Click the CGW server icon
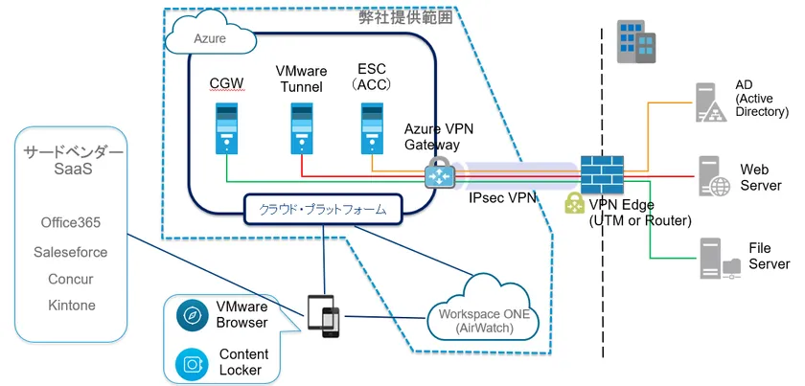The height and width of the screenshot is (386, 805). point(226,129)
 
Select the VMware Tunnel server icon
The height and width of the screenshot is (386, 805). point(304,129)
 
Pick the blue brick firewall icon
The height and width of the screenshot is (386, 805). point(602,175)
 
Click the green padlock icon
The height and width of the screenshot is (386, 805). point(574,203)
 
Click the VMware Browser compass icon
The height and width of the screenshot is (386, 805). point(188,316)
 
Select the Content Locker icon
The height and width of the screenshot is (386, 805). point(188,363)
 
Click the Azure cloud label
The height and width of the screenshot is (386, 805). point(210,39)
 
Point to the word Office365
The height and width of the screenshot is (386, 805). point(71,223)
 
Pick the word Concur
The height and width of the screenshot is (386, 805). point(71,279)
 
